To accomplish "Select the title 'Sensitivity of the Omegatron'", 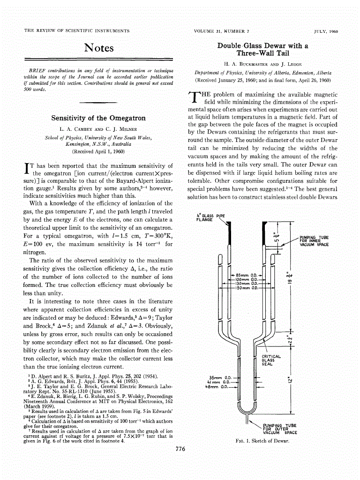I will click(x=98, y=118).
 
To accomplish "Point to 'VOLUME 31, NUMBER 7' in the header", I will click(x=220, y=31).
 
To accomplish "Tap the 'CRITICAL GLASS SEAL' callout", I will click(x=270, y=360).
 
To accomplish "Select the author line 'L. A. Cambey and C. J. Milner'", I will click(x=98, y=128).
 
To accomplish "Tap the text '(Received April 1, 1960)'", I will click(x=98, y=151).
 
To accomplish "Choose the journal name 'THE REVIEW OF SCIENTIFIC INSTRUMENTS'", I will click(x=77, y=31).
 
